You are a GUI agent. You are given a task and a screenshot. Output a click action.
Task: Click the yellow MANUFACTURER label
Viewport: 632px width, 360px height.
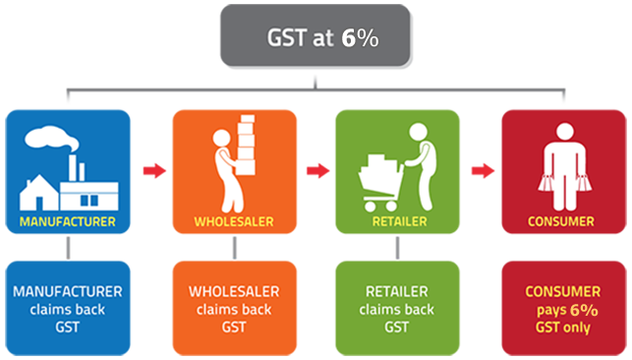point(68,221)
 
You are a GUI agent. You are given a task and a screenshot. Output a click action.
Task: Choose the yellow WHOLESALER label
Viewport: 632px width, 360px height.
point(233,221)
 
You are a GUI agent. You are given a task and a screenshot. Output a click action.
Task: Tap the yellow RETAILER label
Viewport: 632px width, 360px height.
point(398,221)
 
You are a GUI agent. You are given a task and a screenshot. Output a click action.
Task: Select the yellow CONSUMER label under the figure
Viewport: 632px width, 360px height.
point(561,221)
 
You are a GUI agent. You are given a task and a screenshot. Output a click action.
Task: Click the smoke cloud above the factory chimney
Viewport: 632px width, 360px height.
point(47,141)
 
